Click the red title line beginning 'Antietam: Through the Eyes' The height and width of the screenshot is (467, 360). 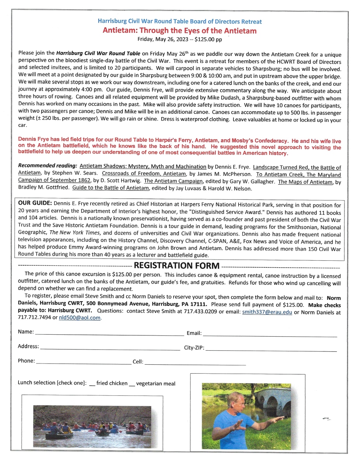point(180,30)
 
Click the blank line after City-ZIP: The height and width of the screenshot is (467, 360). point(271,349)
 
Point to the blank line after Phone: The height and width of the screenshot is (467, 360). point(84,363)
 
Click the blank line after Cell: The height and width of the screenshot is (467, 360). point(195,363)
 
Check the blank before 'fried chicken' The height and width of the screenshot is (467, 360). point(92,384)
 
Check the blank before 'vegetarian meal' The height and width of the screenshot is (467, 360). point(132,384)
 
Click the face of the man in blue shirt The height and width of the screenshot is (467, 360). point(236,401)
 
